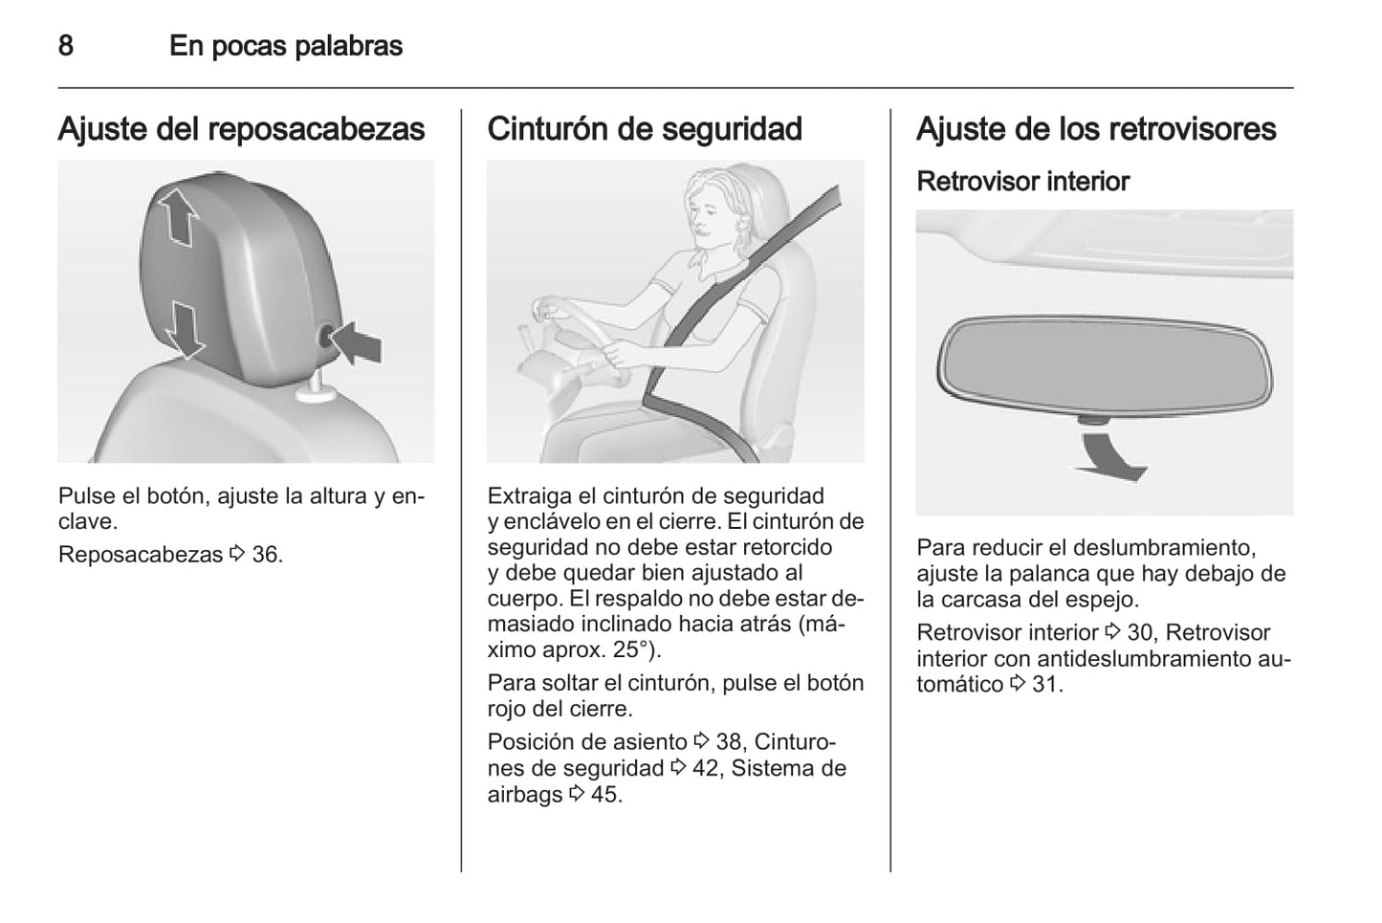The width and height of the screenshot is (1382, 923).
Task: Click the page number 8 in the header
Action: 66,46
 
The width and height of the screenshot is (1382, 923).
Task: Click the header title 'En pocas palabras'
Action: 286,46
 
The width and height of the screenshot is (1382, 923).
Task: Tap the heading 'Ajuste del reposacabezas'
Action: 241,130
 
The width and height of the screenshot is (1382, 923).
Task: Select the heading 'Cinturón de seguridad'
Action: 645,129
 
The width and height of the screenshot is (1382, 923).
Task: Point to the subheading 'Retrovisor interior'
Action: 1023,182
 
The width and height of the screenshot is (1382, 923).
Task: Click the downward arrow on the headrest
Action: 185,329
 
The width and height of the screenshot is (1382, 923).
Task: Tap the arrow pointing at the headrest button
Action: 356,343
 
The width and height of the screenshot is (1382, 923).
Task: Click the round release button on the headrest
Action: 326,338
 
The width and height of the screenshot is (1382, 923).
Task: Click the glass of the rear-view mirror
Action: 1105,364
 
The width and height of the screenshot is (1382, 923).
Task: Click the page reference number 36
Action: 266,555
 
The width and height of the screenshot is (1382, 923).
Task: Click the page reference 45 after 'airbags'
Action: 605,795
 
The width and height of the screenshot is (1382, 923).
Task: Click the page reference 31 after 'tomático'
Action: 1045,685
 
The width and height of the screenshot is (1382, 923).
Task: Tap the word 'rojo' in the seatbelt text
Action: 507,710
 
